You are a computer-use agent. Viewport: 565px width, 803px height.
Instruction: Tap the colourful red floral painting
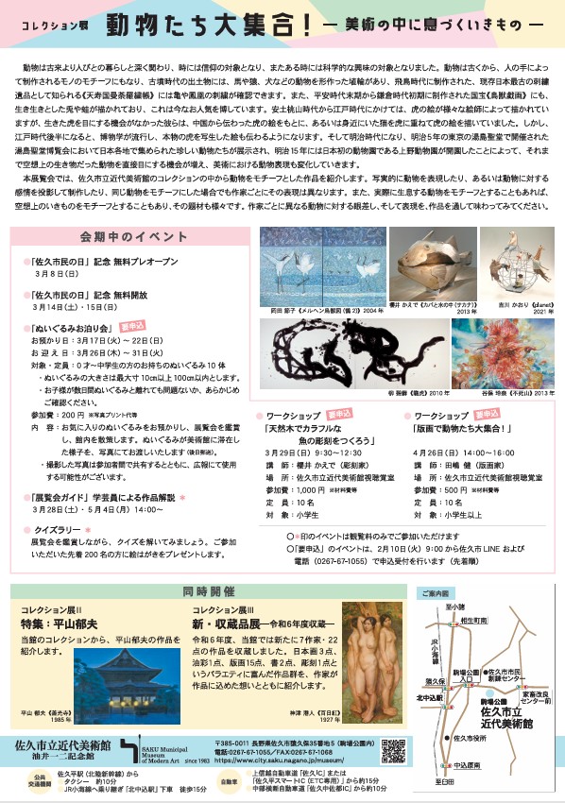click(489, 350)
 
